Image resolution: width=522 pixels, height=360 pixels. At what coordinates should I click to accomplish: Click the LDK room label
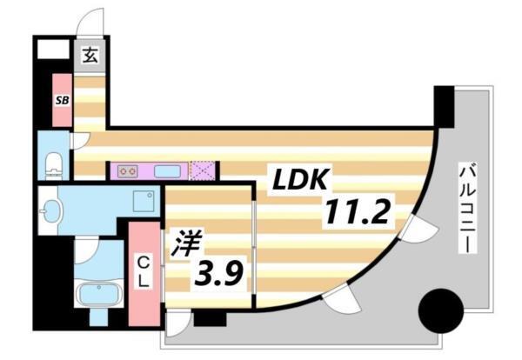[301, 180]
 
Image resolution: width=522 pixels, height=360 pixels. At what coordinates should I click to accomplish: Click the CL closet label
[144, 272]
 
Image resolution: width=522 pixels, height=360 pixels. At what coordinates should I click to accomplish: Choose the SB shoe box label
[63, 101]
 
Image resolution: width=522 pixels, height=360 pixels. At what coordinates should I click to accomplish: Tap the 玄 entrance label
[89, 57]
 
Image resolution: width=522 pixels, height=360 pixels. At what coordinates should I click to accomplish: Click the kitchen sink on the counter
[166, 170]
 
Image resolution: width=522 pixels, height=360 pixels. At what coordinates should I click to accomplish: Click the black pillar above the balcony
[444, 106]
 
